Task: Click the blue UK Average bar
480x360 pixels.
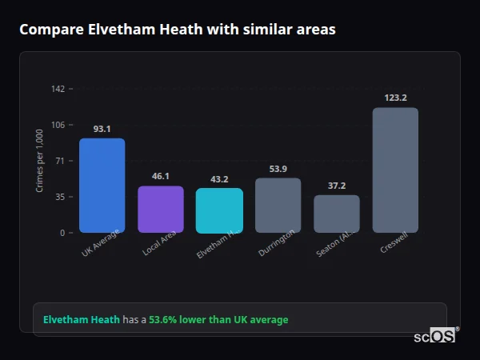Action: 102,186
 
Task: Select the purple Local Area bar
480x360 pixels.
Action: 161,210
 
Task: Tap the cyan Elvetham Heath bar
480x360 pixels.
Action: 219,210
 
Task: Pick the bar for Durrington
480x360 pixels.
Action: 278,205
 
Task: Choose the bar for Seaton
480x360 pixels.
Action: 337,214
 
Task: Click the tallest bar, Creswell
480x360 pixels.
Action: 395,170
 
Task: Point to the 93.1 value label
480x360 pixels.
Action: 102,129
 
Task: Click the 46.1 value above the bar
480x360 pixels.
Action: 161,176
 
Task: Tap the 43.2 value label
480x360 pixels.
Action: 219,179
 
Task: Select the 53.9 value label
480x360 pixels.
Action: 278,169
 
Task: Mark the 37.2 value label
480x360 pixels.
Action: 337,186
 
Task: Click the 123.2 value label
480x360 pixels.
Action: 395,98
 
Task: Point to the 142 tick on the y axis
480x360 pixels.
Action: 58,89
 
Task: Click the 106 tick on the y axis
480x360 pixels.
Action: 58,125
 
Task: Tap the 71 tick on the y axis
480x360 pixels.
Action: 60,161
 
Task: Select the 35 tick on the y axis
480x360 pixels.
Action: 60,197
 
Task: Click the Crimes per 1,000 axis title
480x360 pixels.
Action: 40,160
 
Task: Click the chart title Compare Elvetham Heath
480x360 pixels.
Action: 178,30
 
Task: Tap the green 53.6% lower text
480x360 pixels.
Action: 218,320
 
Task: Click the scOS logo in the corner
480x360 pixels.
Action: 435,336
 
